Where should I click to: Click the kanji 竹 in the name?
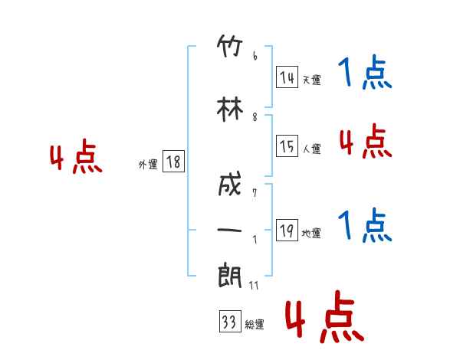click(x=230, y=46)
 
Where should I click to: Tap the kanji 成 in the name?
click(x=230, y=184)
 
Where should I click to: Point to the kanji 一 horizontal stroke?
click(x=229, y=230)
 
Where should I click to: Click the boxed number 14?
click(x=287, y=77)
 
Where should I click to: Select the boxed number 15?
click(x=287, y=146)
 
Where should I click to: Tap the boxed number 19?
click(x=287, y=230)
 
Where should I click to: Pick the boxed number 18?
click(x=173, y=161)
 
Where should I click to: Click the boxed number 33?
click(x=230, y=321)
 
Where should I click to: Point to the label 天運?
click(x=312, y=80)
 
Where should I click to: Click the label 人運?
click(x=312, y=149)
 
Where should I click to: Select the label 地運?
click(x=311, y=233)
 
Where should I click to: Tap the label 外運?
click(x=148, y=165)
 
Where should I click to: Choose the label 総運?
click(x=255, y=325)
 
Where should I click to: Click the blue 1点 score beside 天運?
click(x=365, y=72)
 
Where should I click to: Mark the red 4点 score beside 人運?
click(x=366, y=141)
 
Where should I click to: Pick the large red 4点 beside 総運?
click(x=324, y=317)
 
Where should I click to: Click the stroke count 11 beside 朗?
click(x=254, y=285)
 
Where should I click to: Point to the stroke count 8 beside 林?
click(x=255, y=117)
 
